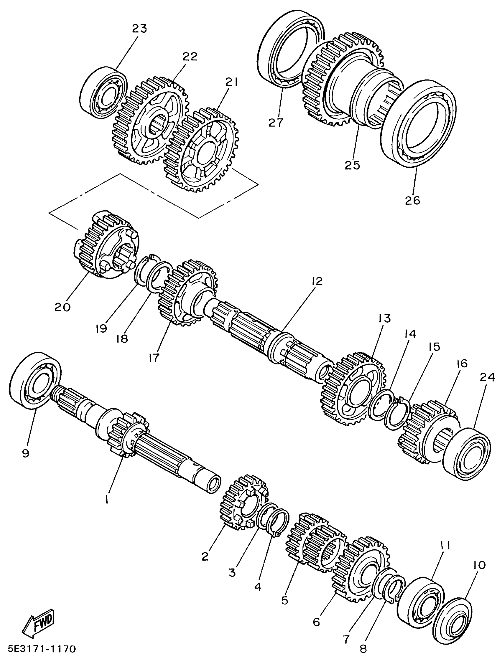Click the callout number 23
[x=140, y=29]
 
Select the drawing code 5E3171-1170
[x=38, y=649]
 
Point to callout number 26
[x=412, y=200]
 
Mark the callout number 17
[x=154, y=357]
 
